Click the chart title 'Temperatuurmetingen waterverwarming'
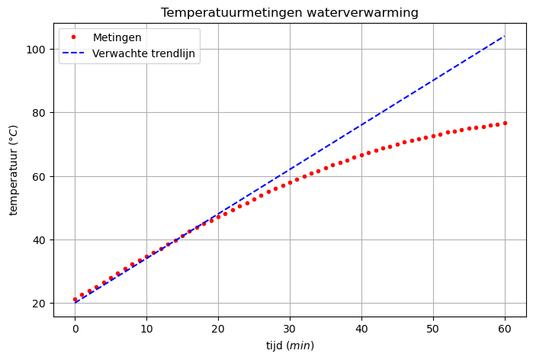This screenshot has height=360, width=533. pos(290,12)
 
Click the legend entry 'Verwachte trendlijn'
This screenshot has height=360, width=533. pos(144,54)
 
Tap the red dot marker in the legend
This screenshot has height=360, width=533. pos(74,37)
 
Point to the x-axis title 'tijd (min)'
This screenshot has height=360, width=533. pos(290,346)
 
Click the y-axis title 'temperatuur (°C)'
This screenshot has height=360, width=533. pos(13,169)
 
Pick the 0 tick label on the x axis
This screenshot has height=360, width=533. pos(75,328)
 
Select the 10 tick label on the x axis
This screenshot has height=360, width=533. pos(146,328)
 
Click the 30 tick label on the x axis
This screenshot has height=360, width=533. pos(290,328)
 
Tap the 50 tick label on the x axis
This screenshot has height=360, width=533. pos(433,328)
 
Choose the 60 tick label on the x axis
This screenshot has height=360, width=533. pos(505,328)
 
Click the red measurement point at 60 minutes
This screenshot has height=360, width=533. pos(505,123)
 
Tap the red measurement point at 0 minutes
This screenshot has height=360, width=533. pos(75,300)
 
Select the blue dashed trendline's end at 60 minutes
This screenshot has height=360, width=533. pos(505,36)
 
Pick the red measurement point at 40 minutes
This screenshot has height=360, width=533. pos(361,155)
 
